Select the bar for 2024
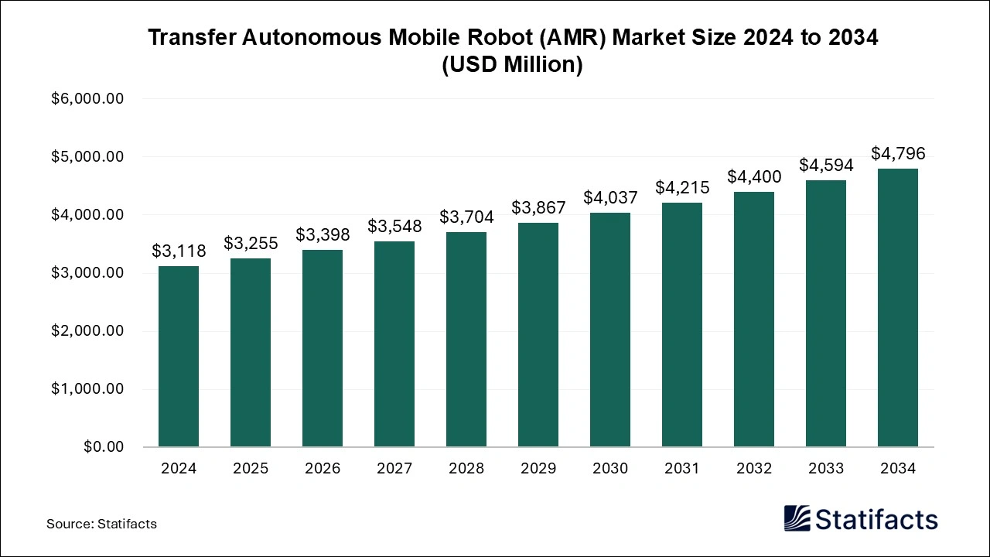(179, 356)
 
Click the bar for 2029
(538, 334)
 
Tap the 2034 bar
(898, 307)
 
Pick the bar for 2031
(682, 324)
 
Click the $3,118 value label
(179, 251)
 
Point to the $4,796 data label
(898, 153)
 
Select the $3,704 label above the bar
(466, 217)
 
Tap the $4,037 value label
(610, 197)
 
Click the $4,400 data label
(754, 176)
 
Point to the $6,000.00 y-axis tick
(87, 99)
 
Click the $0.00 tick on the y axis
(104, 447)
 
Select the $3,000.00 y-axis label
(87, 273)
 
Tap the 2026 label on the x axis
(323, 469)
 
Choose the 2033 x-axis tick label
(826, 469)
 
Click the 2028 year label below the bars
(466, 469)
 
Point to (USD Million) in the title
(512, 65)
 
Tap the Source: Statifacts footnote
(101, 524)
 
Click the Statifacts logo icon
(797, 519)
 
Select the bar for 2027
(394, 343)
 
